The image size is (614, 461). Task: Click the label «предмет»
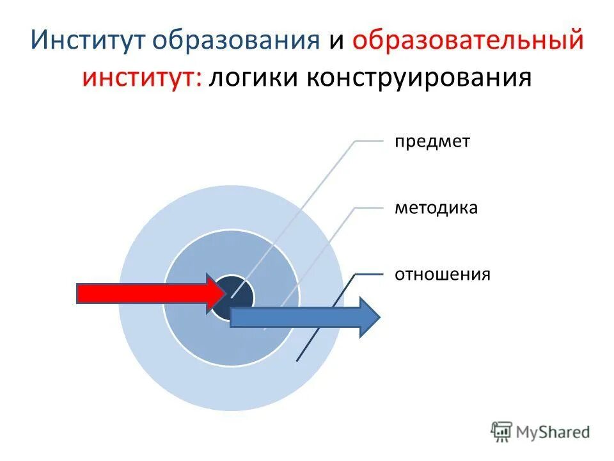coord(432,142)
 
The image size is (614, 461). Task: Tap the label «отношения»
coord(442,275)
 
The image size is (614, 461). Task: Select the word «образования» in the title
coord(236,40)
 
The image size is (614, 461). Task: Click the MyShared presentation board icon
coord(502,432)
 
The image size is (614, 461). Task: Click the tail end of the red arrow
coord(79,293)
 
